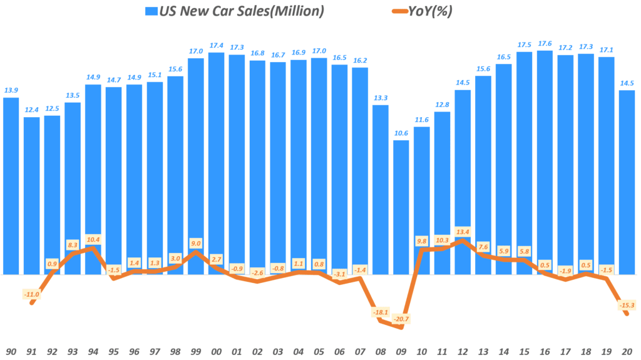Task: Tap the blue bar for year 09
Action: pos(401,207)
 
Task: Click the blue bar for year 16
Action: pos(545,162)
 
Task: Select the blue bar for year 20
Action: pos(627,182)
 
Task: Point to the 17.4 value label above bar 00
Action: pos(217,46)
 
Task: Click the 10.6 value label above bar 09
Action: pos(401,133)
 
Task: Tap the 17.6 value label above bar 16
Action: pos(545,44)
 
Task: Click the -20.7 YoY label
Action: pos(401,319)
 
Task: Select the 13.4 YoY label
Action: pos(463,230)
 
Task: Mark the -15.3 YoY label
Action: pos(627,305)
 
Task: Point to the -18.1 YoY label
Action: pos(381,312)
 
